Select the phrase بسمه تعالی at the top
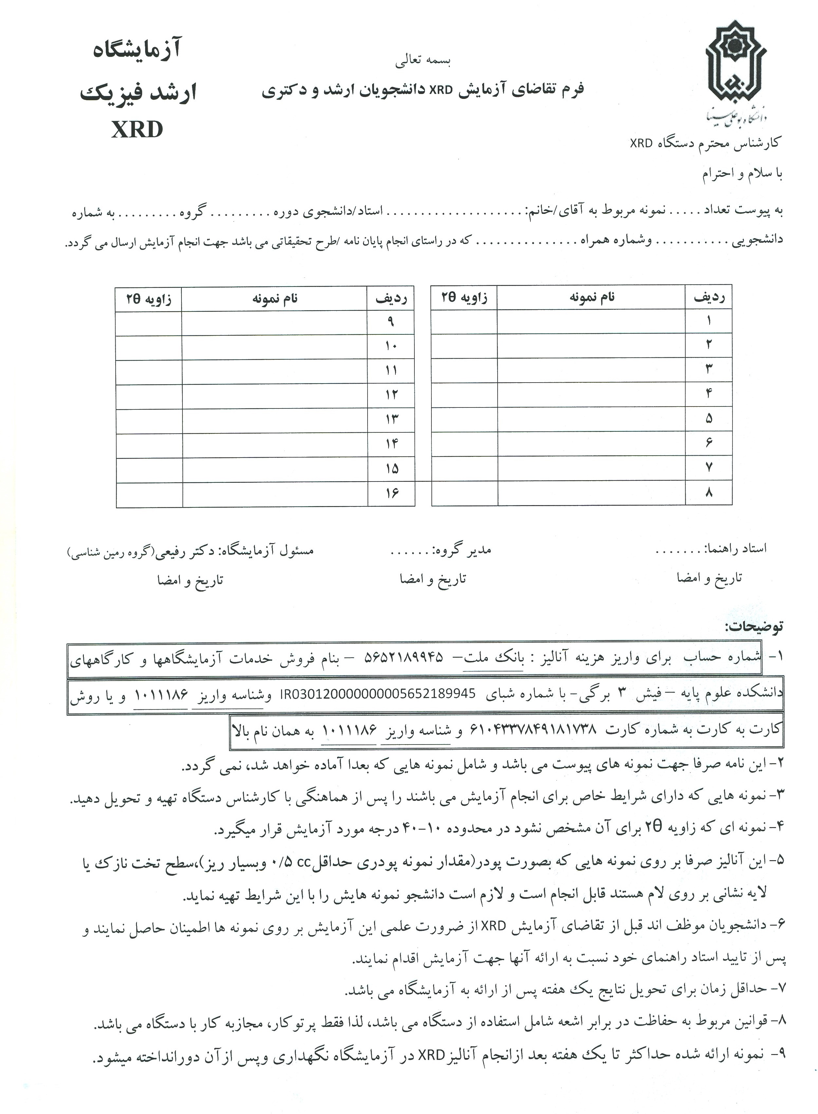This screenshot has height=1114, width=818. coord(423,61)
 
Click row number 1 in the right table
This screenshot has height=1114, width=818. coord(709,320)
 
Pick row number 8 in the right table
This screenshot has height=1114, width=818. coord(709,492)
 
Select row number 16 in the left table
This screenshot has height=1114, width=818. coord(391,493)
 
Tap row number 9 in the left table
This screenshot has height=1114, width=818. coord(391,322)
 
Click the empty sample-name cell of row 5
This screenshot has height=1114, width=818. coord(591,418)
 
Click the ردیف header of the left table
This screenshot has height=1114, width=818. coord(391,298)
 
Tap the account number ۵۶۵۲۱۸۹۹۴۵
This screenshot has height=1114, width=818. coord(404,657)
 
